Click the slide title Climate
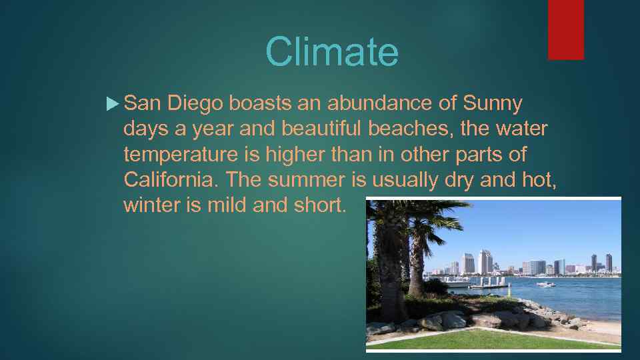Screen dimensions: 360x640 coord(331,51)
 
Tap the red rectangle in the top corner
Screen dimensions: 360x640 coord(565,29)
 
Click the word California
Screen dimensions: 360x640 coord(170,180)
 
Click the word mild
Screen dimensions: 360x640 coord(227,205)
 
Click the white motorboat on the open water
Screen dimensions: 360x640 coord(545,285)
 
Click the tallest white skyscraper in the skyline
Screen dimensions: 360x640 coord(485,261)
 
